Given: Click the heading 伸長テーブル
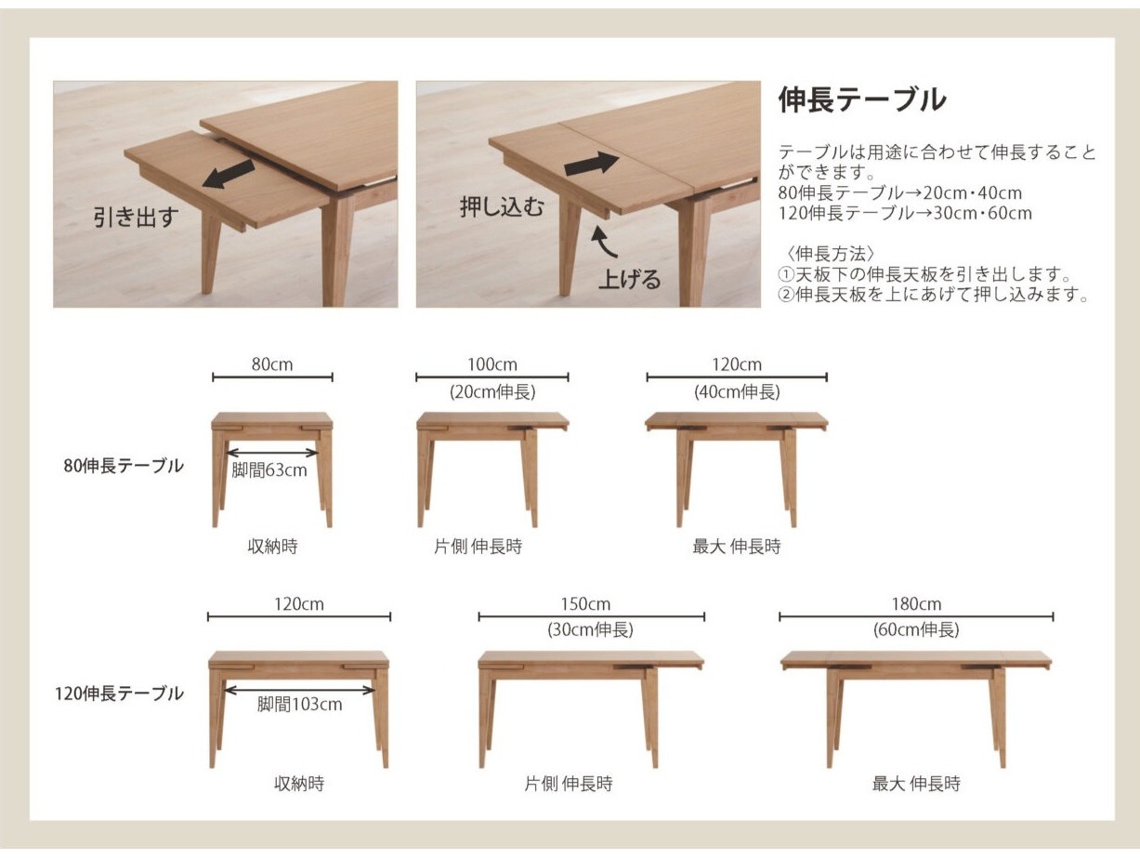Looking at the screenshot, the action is click(x=861, y=99).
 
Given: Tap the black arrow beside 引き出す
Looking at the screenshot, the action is click(x=228, y=174).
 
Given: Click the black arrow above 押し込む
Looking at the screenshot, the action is click(x=592, y=164).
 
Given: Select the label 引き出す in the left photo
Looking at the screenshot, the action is click(x=136, y=217).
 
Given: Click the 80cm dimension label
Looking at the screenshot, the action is click(x=272, y=364).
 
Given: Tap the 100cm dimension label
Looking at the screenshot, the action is click(x=491, y=364).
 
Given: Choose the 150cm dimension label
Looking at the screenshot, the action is click(x=585, y=604).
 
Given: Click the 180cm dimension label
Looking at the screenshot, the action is click(x=916, y=604).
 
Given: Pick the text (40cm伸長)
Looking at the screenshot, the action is click(x=737, y=391).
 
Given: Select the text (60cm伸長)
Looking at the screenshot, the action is click(x=916, y=629).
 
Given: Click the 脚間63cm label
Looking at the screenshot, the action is click(x=269, y=470).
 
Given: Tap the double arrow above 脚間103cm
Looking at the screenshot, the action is click(x=300, y=691).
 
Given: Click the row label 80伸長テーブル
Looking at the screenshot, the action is click(x=124, y=466).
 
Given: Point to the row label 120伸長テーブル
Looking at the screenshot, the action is click(x=120, y=694).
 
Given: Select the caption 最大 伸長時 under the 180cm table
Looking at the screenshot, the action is click(x=916, y=784).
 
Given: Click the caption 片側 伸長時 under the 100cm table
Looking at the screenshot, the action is click(x=478, y=546).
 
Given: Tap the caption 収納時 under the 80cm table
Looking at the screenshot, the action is click(x=272, y=546).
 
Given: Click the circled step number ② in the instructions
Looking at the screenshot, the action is click(x=786, y=295).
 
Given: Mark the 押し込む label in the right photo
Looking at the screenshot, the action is click(x=502, y=206).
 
